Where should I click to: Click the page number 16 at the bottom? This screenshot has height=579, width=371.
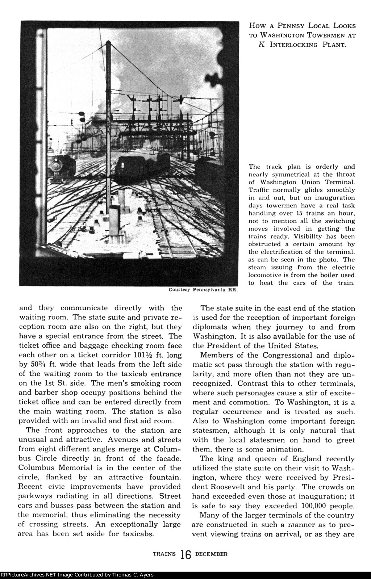185,554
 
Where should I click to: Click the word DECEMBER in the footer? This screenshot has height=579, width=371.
211,554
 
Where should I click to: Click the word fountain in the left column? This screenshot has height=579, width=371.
162,478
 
